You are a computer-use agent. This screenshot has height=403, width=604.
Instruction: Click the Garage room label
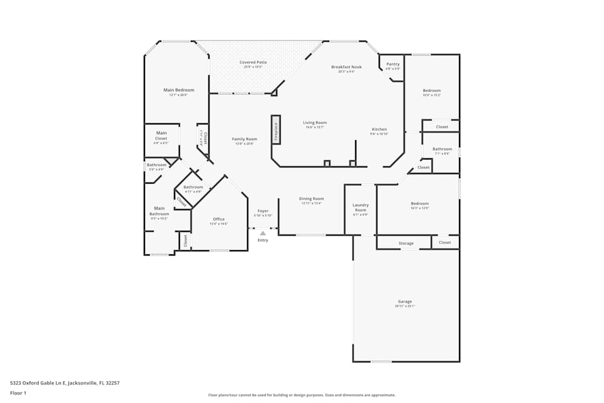point(405,301)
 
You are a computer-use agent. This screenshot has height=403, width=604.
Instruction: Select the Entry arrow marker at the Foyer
point(263,233)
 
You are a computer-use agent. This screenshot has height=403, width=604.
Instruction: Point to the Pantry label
point(393,64)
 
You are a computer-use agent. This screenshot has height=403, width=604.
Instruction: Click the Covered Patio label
point(253,62)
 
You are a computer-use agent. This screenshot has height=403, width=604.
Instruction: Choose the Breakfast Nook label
point(347,67)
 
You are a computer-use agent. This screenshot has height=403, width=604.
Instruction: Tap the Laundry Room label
point(361,207)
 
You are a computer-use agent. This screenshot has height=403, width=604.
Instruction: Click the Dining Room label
point(312,199)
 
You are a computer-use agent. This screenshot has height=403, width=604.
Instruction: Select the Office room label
point(219,219)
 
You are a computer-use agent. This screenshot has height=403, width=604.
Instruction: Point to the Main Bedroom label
point(179,90)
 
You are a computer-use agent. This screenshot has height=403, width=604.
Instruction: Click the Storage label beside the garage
point(406,243)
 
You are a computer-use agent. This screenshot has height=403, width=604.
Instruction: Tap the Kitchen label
point(379,129)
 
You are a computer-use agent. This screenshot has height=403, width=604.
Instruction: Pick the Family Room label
point(245,139)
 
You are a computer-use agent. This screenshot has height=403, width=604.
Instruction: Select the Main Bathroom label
point(159,211)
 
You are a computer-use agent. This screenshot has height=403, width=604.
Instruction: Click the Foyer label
point(263,211)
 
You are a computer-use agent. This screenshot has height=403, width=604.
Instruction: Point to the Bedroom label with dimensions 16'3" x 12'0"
point(420,204)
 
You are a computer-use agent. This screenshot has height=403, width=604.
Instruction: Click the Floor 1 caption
point(18,393)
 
